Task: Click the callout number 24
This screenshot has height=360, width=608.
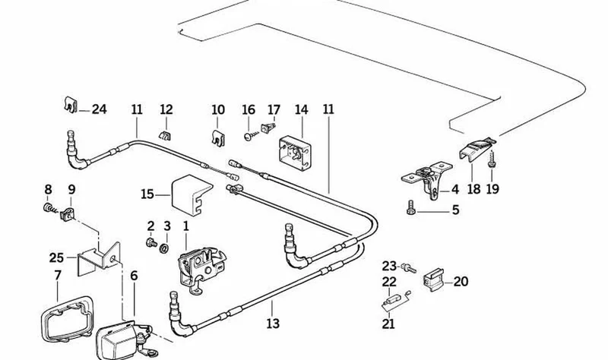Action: [x=99, y=109]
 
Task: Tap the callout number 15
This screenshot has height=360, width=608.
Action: [x=147, y=194]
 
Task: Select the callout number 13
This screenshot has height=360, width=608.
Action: [x=273, y=324]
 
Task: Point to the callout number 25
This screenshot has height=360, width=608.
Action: [x=56, y=257]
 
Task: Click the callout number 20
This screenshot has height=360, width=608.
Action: [x=461, y=281]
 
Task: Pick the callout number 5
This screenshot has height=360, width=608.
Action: [x=455, y=210]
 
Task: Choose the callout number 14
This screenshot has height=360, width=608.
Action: [x=301, y=109]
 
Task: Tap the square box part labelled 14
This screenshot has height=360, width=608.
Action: [x=295, y=153]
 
